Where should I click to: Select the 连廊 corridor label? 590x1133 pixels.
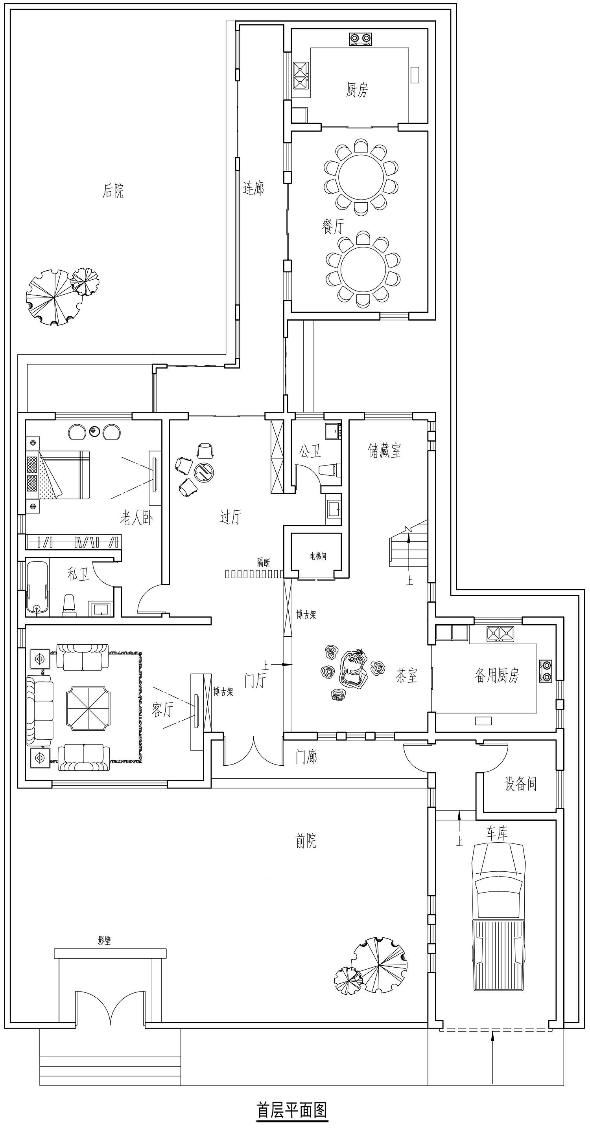tap(254, 188)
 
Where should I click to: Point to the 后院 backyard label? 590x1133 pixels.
tap(113, 191)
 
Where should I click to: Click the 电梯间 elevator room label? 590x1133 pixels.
tap(318, 556)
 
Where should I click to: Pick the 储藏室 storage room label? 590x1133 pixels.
tap(384, 450)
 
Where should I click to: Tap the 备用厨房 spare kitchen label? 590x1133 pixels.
tap(497, 675)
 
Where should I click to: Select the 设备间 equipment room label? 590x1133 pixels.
tap(520, 784)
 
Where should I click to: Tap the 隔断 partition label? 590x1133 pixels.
tap(264, 562)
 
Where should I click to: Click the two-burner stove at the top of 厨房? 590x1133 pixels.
tap(360, 39)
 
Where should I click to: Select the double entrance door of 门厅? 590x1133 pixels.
tap(254, 753)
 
